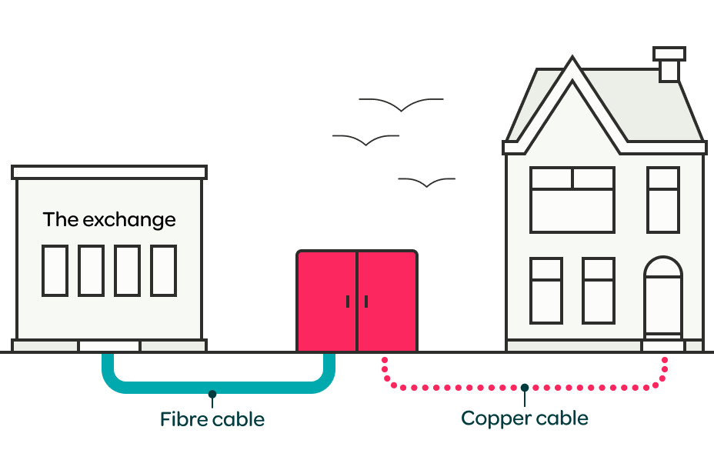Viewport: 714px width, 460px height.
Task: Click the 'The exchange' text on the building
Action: (x=109, y=220)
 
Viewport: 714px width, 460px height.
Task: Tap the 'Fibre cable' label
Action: (x=212, y=420)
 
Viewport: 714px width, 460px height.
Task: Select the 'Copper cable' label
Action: (x=525, y=418)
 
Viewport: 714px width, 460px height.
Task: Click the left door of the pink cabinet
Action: (x=327, y=300)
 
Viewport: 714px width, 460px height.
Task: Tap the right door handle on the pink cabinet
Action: (x=366, y=302)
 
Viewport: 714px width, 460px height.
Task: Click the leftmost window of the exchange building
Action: (x=55, y=271)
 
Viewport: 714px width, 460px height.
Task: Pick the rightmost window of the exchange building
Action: (x=163, y=271)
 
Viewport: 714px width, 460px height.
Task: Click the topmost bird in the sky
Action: (x=401, y=105)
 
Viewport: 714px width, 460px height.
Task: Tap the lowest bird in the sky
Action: (x=426, y=182)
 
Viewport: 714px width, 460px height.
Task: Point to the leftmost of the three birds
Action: (x=365, y=140)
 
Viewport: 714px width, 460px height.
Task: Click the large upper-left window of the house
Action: (x=572, y=200)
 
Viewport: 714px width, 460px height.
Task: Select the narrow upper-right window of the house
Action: (x=662, y=200)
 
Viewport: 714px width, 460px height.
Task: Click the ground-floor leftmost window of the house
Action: (x=546, y=291)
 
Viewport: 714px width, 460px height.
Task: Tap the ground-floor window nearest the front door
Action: (x=598, y=291)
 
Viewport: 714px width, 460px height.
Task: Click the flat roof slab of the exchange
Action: (x=109, y=172)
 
